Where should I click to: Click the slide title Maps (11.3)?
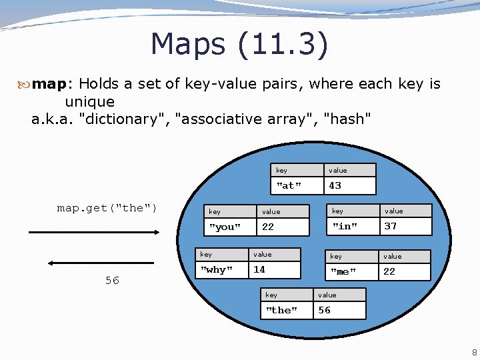coord(239,44)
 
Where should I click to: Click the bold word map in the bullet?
coord(51,84)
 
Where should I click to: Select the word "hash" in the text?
coord(346,119)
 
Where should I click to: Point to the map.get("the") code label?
coord(107,208)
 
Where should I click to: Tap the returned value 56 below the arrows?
coord(112,281)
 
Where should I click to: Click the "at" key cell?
coord(297,185)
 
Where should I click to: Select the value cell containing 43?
coord(349,185)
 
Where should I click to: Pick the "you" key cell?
coord(229,227)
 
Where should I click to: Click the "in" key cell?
coord(353,226)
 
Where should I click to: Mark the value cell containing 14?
coord(275,269)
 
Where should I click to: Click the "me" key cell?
coord(353,271)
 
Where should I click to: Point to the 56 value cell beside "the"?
coord(339,310)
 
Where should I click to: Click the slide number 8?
coord(473,352)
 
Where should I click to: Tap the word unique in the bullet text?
coord(89,102)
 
